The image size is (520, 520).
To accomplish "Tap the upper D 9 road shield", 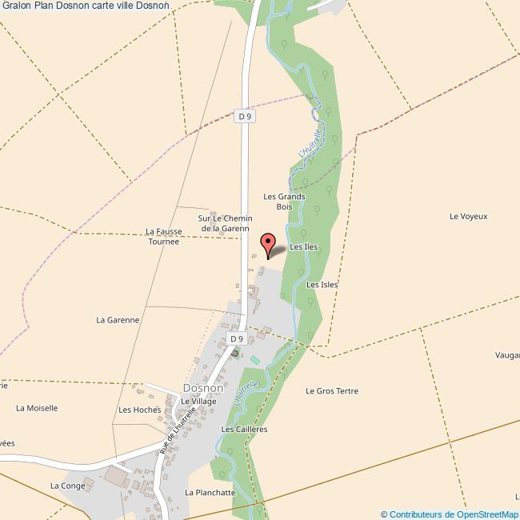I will coord(245,116).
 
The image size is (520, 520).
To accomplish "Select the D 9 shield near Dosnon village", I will coord(236,339).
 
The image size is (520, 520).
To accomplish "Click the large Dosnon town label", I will coord(202,388).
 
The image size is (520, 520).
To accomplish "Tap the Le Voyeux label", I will coord(468,216).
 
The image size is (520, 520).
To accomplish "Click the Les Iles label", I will coord(303,247).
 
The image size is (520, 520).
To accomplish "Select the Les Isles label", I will coord(322,284).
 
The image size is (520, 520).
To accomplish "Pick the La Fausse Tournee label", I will coord(164,236).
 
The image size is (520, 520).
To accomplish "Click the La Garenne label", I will coord(118,320).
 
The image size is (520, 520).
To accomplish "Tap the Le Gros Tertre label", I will coord(332,391).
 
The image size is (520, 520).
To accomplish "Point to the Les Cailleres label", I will coord(244,430).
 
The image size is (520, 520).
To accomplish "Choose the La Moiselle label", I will coord(37,408).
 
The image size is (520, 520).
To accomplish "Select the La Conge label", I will coord(67,486).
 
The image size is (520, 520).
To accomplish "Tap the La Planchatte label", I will coord(210,493).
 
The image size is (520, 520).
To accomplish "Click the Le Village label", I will coord(198,401).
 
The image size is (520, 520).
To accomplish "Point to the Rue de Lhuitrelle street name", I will coord(178,429).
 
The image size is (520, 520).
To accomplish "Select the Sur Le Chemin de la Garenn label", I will coord(226,223).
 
